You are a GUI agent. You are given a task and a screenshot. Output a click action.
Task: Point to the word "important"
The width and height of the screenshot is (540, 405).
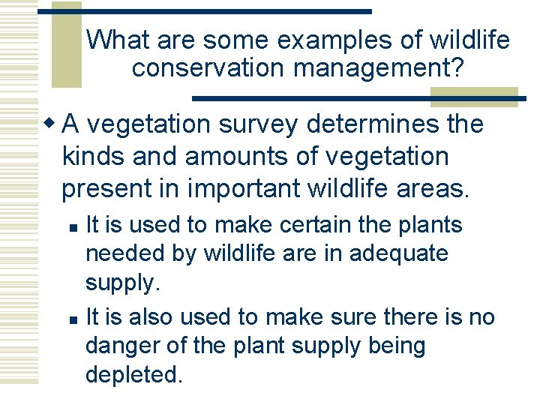pos(244,190)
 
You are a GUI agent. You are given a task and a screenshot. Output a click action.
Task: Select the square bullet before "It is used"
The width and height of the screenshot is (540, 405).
pos(71,226)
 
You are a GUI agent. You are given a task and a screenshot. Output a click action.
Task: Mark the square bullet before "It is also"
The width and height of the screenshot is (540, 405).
pos(71,319)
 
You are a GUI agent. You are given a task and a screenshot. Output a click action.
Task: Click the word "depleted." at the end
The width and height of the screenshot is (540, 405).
pos(134,375)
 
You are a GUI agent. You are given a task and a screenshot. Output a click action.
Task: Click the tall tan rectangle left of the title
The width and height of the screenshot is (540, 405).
pos(66,45)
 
